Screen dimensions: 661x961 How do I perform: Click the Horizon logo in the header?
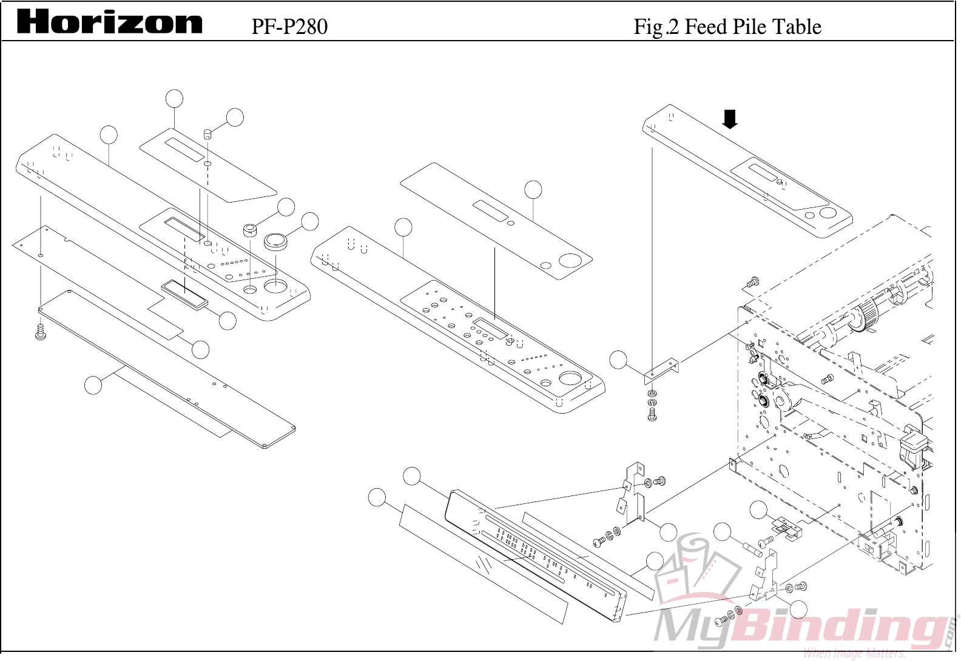(109, 22)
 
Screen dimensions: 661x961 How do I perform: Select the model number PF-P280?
(289, 27)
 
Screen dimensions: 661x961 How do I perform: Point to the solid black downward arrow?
(730, 119)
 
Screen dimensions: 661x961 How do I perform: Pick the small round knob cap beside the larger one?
(250, 230)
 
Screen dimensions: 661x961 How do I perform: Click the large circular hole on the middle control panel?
(570, 379)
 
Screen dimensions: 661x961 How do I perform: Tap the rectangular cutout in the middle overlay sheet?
(490, 210)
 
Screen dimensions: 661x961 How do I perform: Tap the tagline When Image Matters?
(854, 653)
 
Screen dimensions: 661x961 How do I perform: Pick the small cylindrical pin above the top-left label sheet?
(207, 133)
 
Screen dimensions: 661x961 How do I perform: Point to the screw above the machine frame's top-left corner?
(752, 282)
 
